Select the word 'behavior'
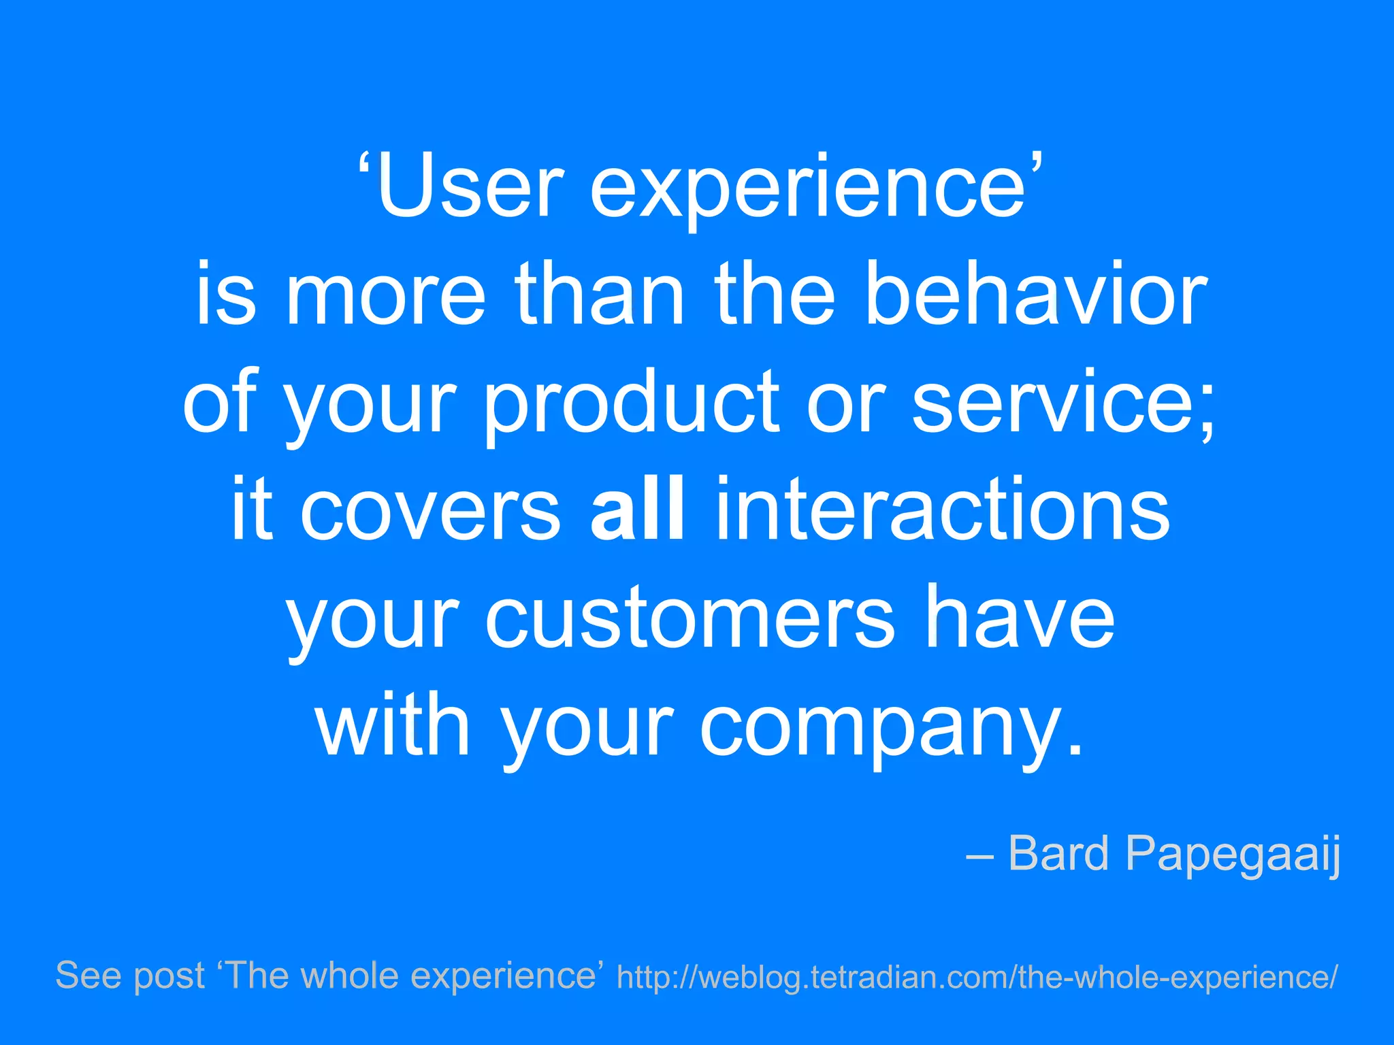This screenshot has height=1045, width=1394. point(1035,294)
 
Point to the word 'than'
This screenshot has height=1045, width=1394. point(599,294)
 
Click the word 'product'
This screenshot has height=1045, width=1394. point(632,405)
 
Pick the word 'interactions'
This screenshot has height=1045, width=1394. point(942,510)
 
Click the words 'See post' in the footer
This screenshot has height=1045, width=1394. point(129,976)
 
